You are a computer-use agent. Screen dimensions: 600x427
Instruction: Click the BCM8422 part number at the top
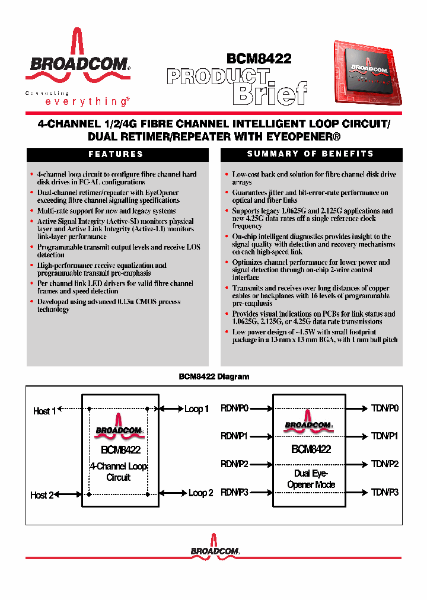[259, 59]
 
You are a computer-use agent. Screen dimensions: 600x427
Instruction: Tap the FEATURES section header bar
[116, 154]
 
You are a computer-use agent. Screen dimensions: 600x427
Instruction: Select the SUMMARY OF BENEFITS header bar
[311, 154]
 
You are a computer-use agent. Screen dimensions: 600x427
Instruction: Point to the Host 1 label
[44, 411]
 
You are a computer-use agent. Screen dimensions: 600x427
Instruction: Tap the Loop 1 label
[196, 409]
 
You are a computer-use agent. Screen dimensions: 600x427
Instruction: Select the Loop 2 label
[200, 493]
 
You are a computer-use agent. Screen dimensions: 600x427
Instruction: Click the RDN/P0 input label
[234, 408]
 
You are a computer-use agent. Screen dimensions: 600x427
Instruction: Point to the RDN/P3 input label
[234, 492]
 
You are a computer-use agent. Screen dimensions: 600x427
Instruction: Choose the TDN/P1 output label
[385, 436]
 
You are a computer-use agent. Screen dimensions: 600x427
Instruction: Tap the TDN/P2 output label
[385, 464]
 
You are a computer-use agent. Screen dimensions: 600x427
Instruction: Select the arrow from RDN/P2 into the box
[261, 464]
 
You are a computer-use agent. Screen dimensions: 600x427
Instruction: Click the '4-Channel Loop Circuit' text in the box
[119, 472]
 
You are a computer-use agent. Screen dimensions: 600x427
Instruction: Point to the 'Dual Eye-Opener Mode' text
[311, 479]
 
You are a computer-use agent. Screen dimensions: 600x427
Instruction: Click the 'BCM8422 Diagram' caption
[213, 377]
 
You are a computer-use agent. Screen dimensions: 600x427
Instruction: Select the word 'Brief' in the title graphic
[270, 93]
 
